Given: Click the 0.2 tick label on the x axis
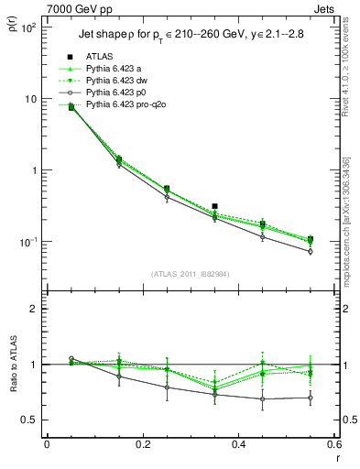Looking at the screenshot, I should [x=142, y=444].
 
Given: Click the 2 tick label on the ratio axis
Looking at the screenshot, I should [x=37, y=309].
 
